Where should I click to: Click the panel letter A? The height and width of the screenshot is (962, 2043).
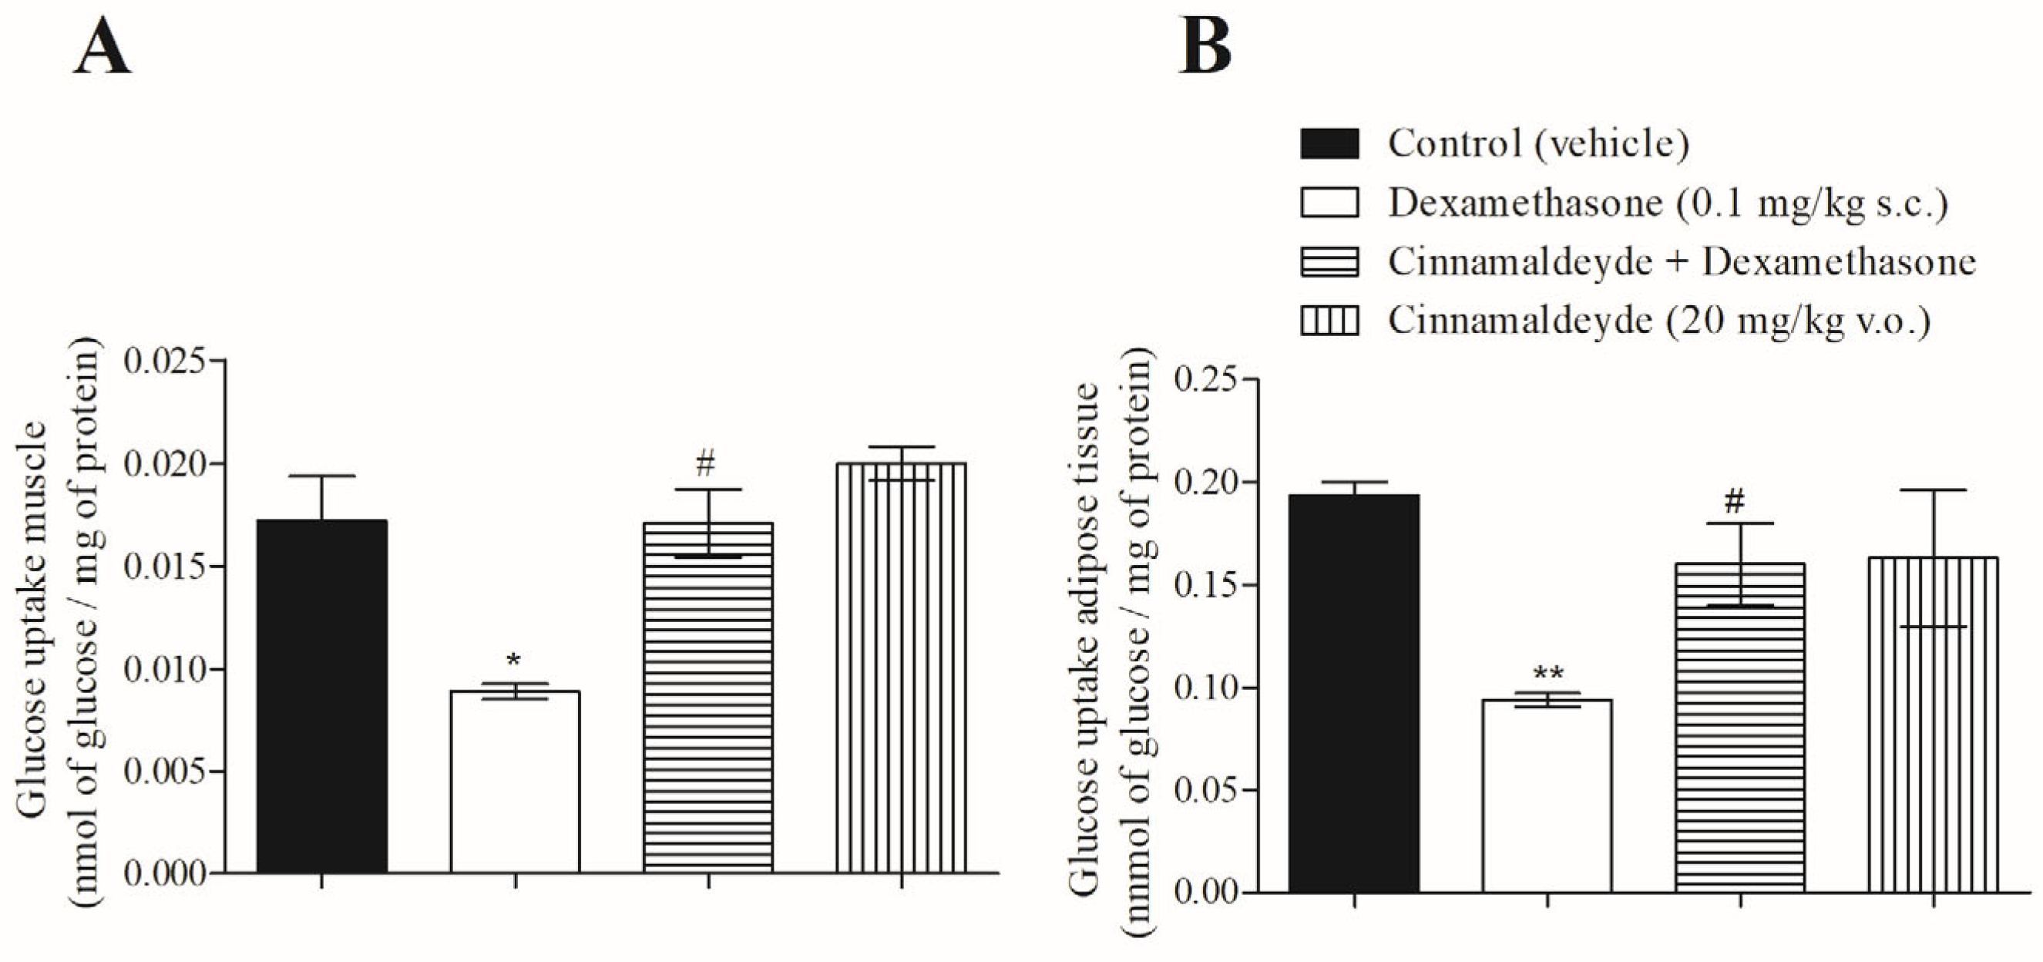tap(102, 48)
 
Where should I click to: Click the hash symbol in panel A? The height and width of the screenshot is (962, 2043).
tap(706, 462)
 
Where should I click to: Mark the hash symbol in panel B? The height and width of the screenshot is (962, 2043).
tap(1736, 501)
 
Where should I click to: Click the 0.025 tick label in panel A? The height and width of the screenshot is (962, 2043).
tap(164, 361)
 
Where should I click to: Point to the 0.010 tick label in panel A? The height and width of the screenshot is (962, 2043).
tap(164, 669)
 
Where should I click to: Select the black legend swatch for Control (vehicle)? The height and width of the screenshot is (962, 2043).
tap(1329, 143)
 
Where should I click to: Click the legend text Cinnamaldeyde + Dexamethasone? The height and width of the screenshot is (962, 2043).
tap(1681, 262)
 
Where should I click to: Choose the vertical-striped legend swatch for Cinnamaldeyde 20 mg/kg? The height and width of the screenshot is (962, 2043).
tap(1329, 321)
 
